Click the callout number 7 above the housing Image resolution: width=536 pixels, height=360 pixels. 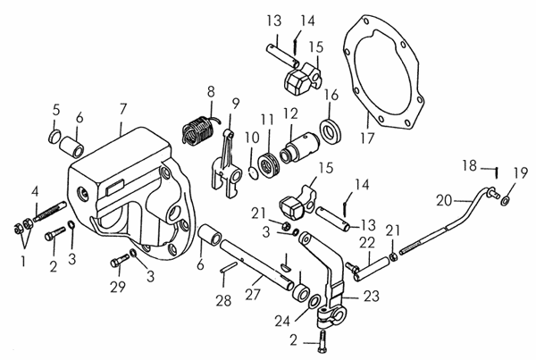tap(122, 109)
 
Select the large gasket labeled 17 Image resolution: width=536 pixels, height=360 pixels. tap(383, 72)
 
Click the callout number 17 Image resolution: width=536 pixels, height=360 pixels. tap(367, 138)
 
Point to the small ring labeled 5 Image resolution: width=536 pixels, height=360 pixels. tap(54, 137)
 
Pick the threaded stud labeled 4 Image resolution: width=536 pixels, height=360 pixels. tap(50, 212)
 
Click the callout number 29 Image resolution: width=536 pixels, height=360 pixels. tap(118, 287)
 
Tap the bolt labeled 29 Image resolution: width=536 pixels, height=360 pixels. tap(120, 261)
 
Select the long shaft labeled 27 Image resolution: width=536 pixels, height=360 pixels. tap(257, 265)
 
